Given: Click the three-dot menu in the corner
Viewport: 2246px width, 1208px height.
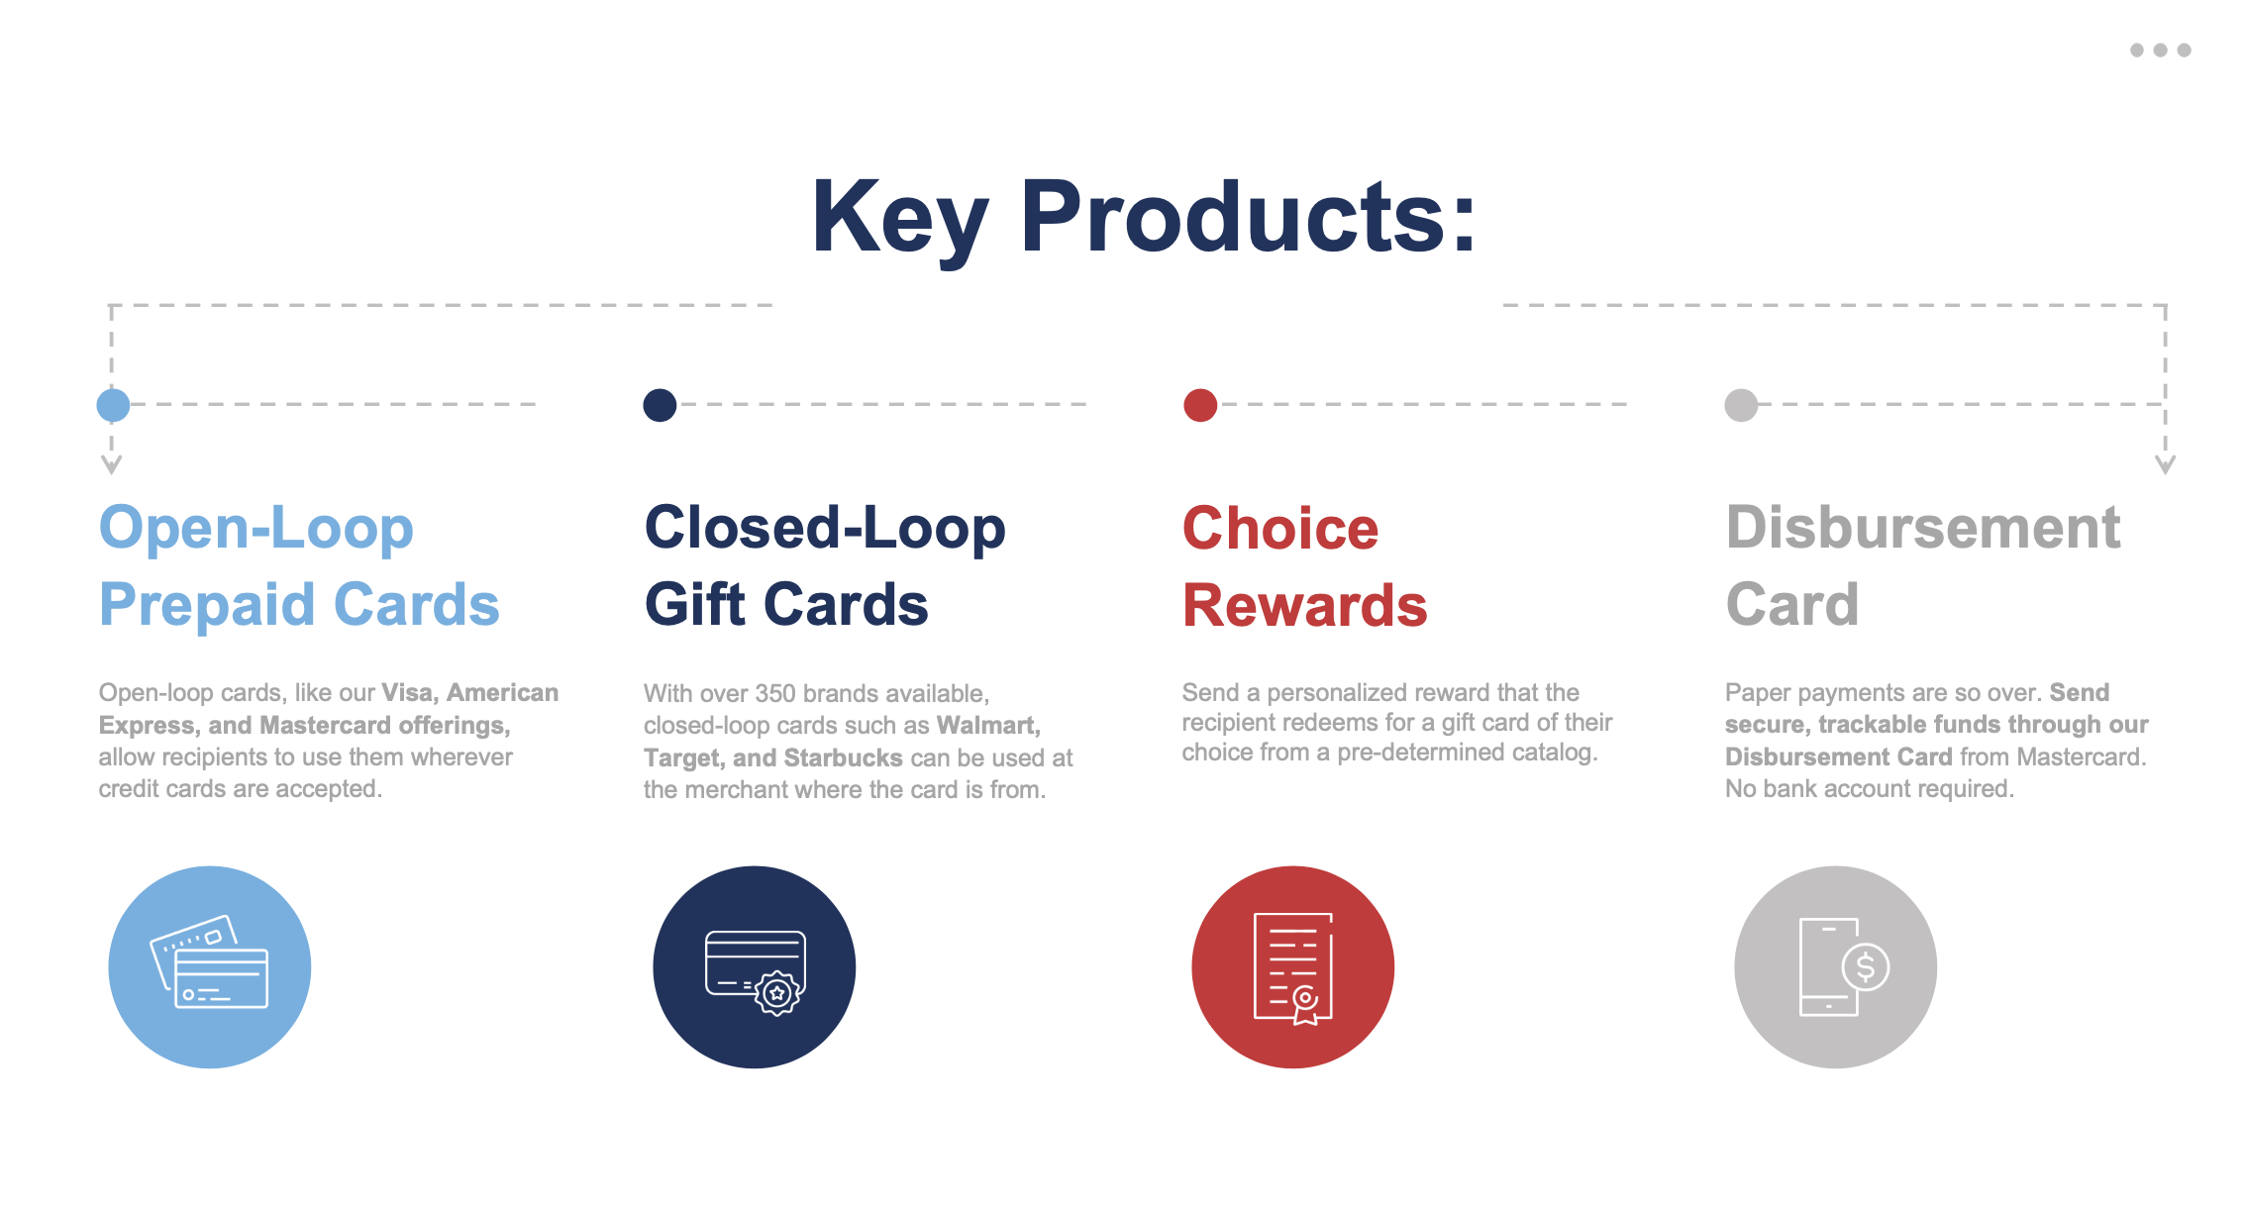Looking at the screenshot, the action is point(2160,50).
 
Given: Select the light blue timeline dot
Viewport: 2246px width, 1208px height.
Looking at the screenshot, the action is point(113,405).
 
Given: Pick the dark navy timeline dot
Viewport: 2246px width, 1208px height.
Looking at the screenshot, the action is point(660,405).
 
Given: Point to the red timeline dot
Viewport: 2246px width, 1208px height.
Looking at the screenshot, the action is point(1200,405).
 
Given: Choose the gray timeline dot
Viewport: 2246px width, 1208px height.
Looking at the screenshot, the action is point(1741,405).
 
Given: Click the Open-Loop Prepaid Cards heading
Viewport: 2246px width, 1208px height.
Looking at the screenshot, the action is point(299,565).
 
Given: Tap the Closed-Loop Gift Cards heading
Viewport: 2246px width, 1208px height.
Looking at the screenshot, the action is point(825,565).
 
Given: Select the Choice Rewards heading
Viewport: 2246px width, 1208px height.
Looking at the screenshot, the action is point(1305,565).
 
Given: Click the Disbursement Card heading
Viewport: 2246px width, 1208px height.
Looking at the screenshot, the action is point(1923,565).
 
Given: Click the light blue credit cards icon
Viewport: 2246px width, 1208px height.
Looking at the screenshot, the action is point(210,967).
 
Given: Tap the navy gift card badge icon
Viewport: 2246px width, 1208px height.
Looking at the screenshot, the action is point(755,967).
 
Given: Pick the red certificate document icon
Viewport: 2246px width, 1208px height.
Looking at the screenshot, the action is point(1293,967).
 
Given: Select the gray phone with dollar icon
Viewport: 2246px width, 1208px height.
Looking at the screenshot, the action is point(1836,967).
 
